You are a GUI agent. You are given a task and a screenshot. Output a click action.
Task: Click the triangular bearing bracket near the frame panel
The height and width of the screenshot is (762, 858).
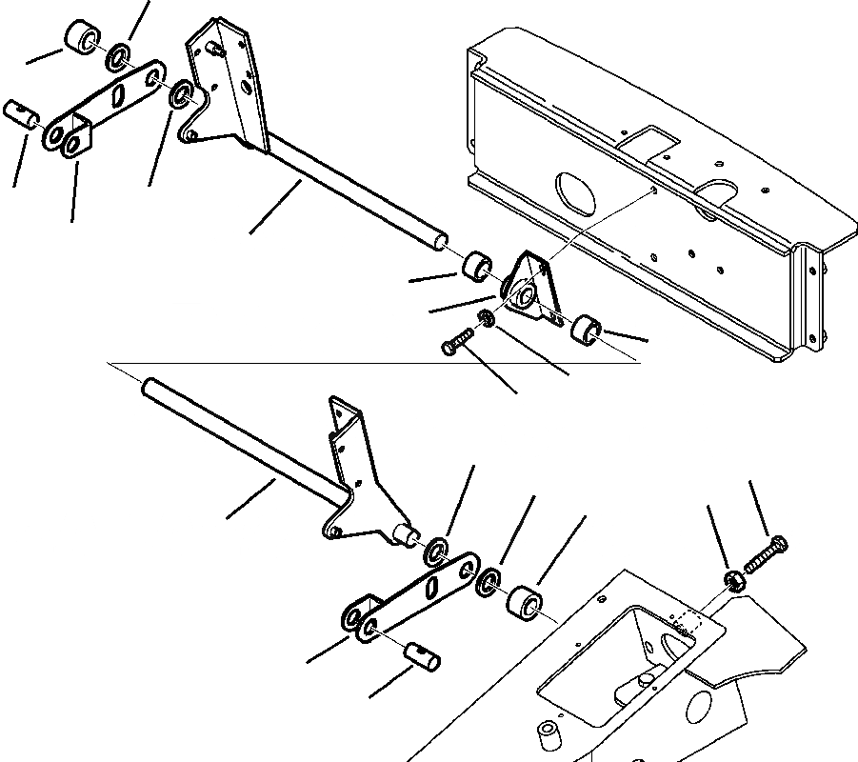point(527,287)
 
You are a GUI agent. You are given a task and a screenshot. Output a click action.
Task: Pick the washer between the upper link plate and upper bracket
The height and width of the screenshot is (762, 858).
point(179,97)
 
